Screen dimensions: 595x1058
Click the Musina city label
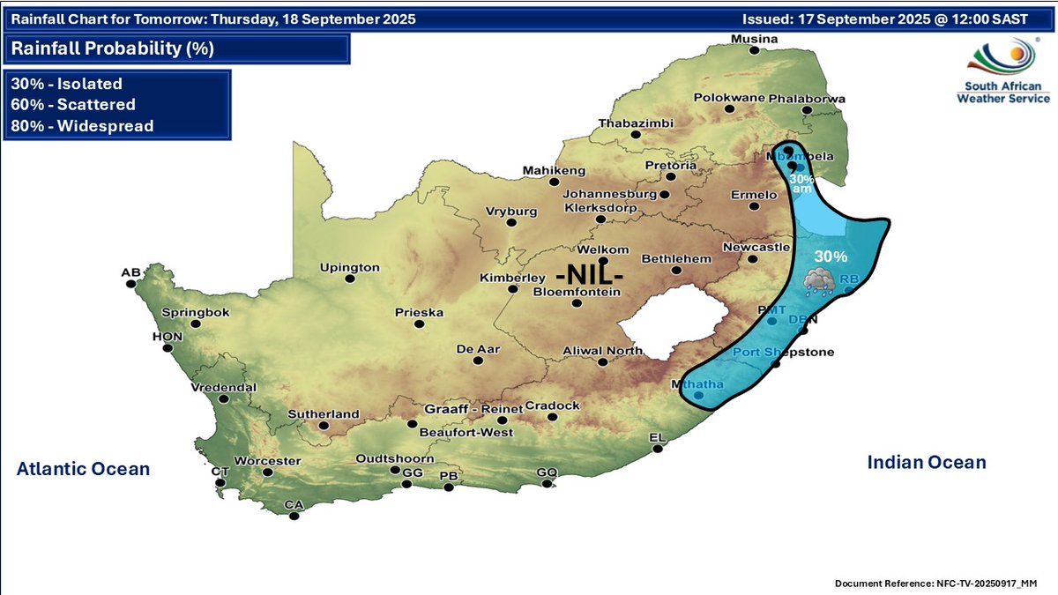(754, 40)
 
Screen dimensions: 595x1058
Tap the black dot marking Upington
(350, 279)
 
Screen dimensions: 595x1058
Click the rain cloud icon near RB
(819, 281)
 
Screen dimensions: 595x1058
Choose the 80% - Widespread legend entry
(82, 126)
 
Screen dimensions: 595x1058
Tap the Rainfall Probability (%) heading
(113, 48)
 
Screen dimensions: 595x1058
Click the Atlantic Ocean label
(83, 469)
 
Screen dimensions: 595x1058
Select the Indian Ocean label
(927, 462)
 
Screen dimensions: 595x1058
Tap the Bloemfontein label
(577, 292)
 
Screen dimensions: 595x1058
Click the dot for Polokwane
(729, 109)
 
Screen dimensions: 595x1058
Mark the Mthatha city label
(697, 384)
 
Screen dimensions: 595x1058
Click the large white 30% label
(831, 257)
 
